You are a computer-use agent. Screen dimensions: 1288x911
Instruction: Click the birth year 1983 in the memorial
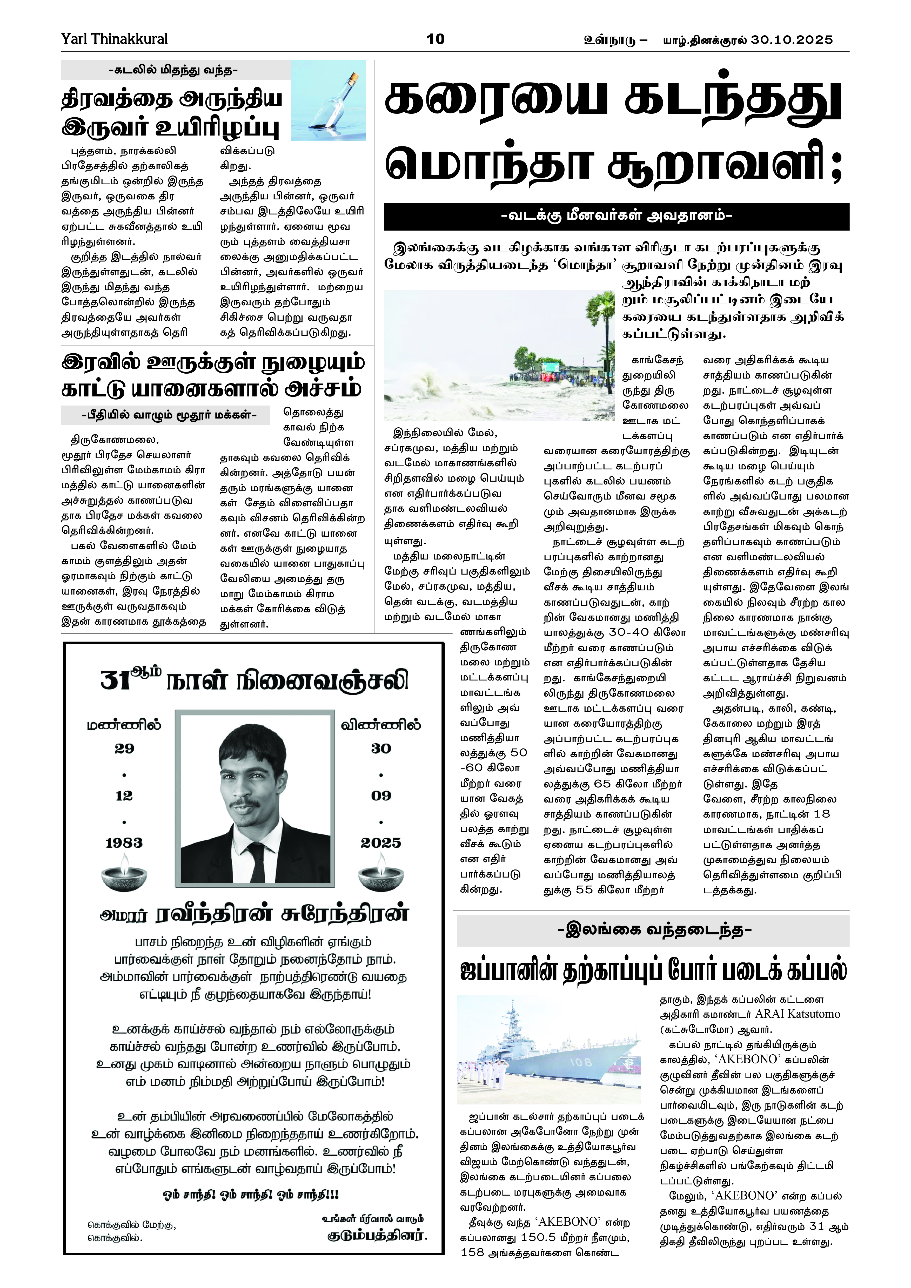[124, 842]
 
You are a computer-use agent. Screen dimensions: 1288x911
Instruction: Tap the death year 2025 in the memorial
[381, 842]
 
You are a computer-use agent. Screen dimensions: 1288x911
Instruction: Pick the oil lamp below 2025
[381, 872]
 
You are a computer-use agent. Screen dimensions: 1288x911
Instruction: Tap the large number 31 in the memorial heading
[116, 680]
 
